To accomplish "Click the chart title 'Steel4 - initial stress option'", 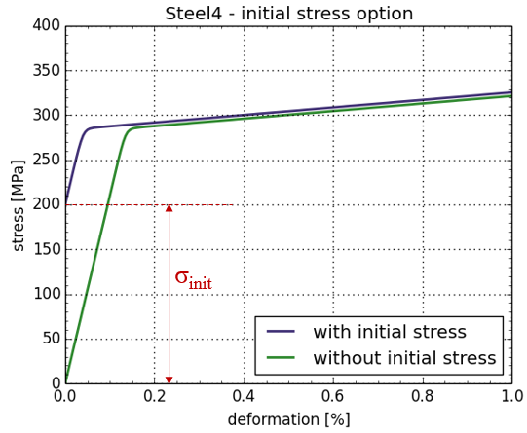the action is tap(289, 14).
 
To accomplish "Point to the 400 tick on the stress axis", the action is tap(47, 25).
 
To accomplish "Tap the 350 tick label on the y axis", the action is tap(47, 70).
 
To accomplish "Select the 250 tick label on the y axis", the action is tap(47, 161).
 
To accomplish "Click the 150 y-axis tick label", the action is tap(47, 249).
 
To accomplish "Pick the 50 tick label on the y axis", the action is tap(52, 339).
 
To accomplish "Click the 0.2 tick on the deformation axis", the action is tap(155, 396).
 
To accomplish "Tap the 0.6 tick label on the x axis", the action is tap(333, 396).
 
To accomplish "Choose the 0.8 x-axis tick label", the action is tap(423, 396).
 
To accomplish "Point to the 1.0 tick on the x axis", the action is tap(511, 396).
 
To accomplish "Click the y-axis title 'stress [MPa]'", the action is tap(19, 205).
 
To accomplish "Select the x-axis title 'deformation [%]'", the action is tap(289, 419).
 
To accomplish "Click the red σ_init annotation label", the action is tap(194, 279).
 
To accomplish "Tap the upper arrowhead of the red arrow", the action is tap(169, 208).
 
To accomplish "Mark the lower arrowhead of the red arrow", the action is tap(169, 379).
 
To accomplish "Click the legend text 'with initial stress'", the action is tap(390, 332).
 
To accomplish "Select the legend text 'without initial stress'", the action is tap(404, 358).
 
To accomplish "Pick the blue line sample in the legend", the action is tap(281, 332).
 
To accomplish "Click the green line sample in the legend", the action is tap(281, 358).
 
